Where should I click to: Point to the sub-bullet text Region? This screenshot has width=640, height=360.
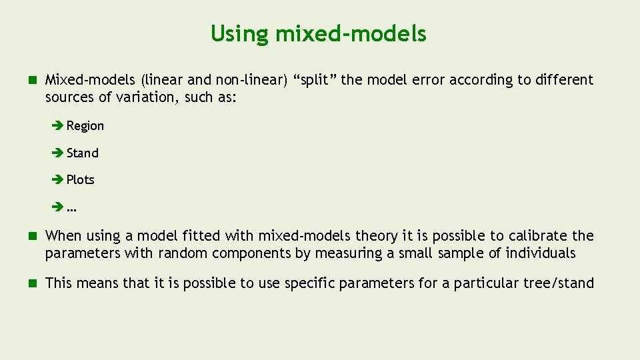(85, 126)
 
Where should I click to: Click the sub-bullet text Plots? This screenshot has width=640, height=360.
(80, 180)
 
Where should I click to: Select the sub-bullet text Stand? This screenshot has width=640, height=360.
(82, 153)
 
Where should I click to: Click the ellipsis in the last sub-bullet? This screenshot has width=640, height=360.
(71, 209)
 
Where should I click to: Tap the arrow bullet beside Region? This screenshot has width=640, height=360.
(57, 126)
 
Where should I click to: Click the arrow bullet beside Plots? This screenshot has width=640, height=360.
(57, 180)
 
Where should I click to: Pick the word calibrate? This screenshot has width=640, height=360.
(539, 236)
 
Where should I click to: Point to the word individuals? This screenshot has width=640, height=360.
(540, 253)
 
